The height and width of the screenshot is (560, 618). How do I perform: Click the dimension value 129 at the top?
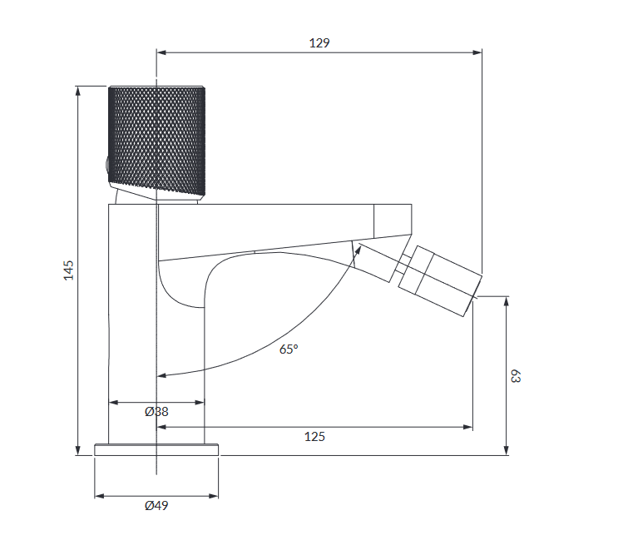319,42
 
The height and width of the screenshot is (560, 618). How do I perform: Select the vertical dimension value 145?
69,270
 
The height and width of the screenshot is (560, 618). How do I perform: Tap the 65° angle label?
288,349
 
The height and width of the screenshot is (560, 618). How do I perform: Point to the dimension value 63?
515,376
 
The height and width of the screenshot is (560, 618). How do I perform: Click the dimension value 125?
314,437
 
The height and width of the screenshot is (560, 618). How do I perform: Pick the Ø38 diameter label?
156,412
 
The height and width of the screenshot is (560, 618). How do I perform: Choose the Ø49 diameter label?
156,506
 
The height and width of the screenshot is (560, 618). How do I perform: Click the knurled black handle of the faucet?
156,137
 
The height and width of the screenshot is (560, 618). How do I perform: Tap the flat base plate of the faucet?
156,449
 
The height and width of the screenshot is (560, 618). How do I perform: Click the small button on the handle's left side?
106,165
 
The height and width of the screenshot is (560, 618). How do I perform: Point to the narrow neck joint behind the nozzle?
403,267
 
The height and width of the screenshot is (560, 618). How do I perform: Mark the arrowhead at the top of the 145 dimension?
77,91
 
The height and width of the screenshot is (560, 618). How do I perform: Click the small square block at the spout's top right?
393,220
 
